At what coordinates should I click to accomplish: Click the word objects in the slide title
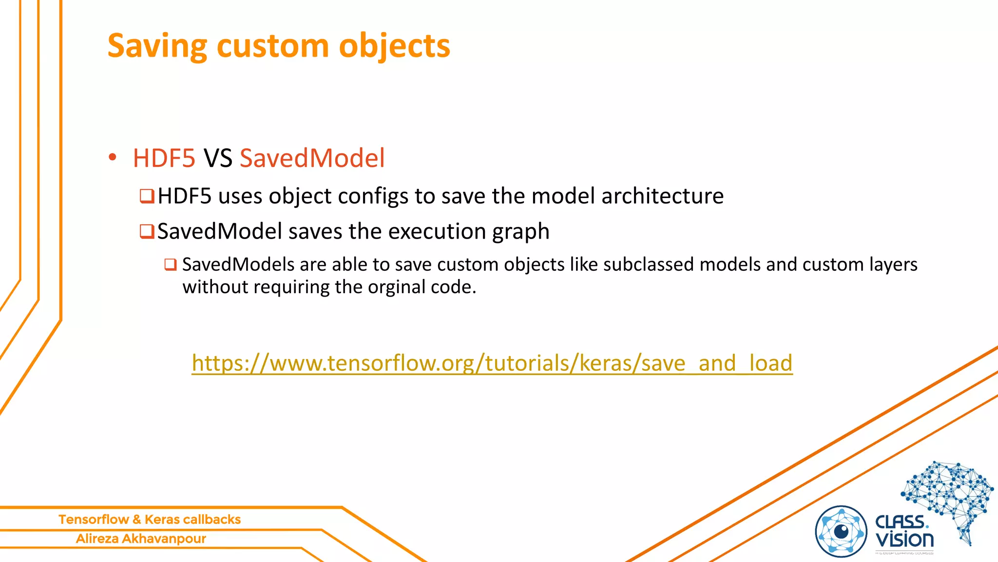(394, 46)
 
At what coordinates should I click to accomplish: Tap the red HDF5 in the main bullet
(164, 158)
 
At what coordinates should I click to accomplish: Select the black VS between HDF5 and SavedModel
(217, 158)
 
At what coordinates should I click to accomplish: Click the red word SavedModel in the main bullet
(312, 158)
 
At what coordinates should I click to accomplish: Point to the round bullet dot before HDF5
(113, 157)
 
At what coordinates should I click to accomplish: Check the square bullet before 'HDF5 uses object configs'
(147, 196)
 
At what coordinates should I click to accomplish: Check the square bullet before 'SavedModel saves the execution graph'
(147, 231)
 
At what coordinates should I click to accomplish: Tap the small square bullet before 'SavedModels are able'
(170, 265)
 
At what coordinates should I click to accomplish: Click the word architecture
(662, 196)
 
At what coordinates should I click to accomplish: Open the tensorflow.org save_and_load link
(492, 363)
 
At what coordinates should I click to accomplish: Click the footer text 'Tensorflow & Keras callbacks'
(150, 519)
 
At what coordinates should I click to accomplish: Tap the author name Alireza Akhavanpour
(141, 539)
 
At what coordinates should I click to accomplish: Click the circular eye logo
(841, 531)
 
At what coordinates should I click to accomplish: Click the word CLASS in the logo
(901, 522)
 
